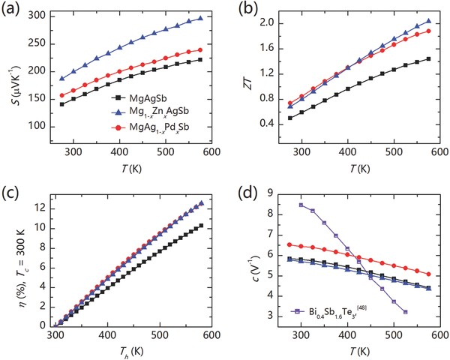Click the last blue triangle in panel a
(201, 18)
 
